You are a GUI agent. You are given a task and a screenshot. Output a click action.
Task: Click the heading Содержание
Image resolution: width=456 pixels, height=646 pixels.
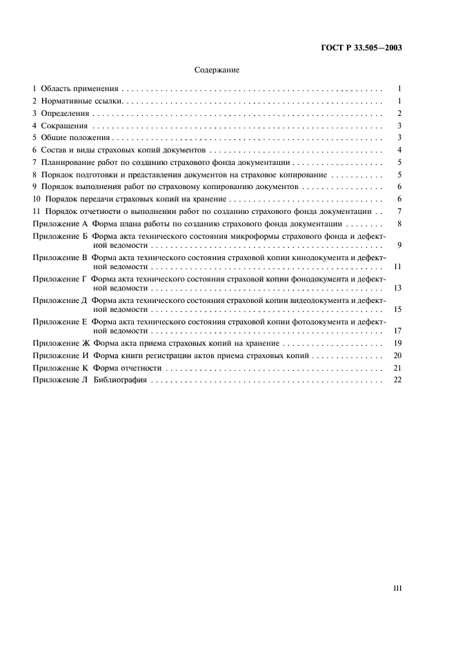point(217,70)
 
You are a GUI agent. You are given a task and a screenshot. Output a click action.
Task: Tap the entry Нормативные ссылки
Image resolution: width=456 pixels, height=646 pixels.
point(81,101)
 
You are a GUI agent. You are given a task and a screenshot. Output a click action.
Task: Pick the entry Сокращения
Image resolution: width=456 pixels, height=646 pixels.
point(65,126)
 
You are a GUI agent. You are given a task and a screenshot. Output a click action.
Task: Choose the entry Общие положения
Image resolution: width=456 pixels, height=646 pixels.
point(71,138)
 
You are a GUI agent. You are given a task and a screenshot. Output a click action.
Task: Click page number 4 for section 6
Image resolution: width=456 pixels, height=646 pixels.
point(399,150)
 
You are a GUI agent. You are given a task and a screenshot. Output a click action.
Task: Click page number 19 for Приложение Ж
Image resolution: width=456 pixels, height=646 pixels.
point(397,343)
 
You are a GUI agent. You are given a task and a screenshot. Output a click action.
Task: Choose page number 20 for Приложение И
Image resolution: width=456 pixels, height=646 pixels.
point(397,355)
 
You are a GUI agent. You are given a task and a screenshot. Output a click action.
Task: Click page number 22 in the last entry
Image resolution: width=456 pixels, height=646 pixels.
point(397,380)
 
